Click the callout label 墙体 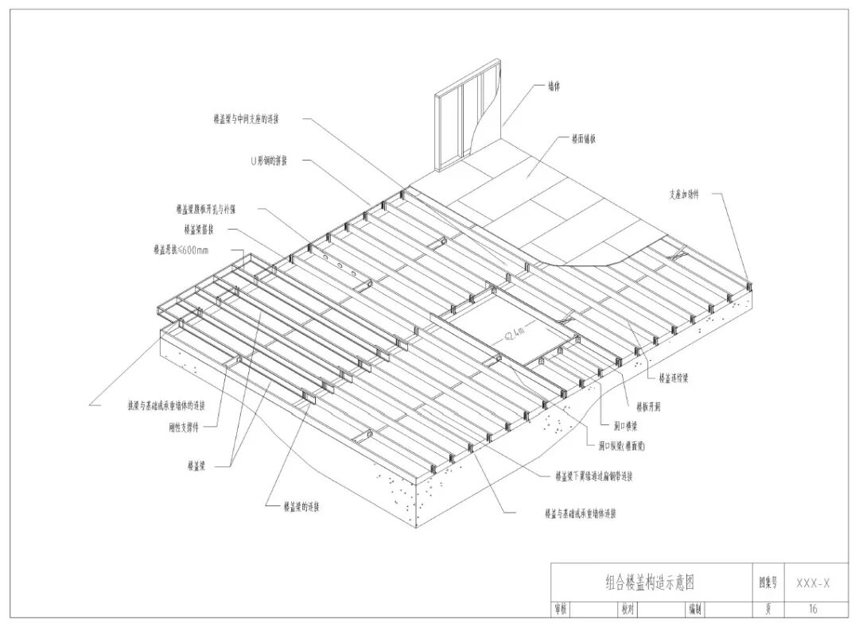pyautogui.click(x=554, y=87)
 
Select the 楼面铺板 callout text pyautogui.click(x=584, y=138)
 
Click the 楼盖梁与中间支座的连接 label pyautogui.click(x=246, y=120)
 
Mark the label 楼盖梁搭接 pyautogui.click(x=199, y=230)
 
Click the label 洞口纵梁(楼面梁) pyautogui.click(x=621, y=447)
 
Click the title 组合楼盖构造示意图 pyautogui.click(x=650, y=582)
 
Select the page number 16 pyautogui.click(x=812, y=609)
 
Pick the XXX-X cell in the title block pyautogui.click(x=813, y=582)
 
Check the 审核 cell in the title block pyautogui.click(x=561, y=610)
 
